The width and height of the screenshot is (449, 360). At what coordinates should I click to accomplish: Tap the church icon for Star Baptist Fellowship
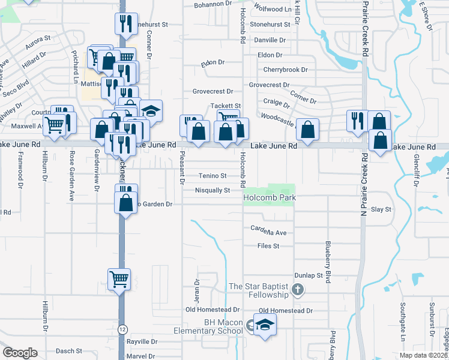(297, 291)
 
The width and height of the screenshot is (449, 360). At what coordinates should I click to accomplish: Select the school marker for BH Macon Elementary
(264, 326)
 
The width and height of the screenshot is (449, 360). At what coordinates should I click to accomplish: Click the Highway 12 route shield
(122, 329)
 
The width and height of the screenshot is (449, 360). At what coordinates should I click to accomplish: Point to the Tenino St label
(213, 176)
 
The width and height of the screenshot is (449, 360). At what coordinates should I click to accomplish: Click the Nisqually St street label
(212, 190)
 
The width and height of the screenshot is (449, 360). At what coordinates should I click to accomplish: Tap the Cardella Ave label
(269, 232)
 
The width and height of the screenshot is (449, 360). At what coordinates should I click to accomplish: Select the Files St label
(268, 246)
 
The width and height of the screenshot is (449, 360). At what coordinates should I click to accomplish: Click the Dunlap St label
(309, 275)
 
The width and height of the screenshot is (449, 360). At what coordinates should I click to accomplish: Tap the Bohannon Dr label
(212, 4)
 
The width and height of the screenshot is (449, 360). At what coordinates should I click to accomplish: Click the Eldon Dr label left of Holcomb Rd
(212, 62)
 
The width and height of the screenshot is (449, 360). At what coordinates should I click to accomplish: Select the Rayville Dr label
(142, 341)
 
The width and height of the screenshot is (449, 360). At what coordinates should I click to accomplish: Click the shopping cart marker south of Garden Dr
(119, 278)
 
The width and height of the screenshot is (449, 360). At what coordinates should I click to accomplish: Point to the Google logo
(20, 353)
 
